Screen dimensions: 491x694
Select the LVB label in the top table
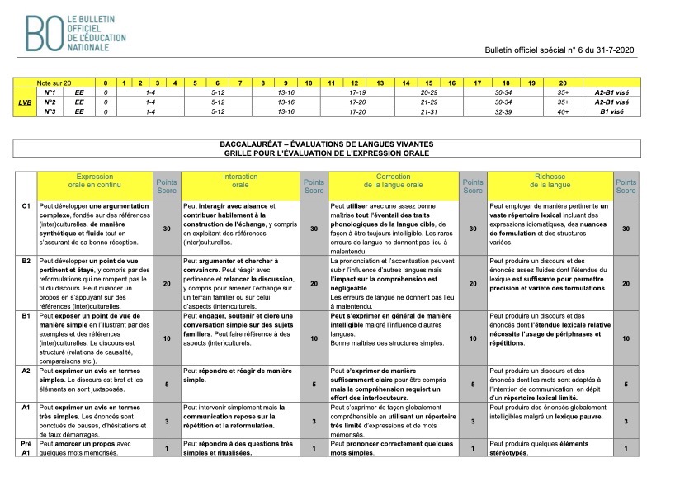tap(26, 102)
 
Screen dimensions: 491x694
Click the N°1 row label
tap(50, 93)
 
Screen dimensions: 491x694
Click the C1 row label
tap(26, 205)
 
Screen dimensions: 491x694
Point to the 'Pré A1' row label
tap(26, 448)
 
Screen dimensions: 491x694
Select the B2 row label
tap(26, 260)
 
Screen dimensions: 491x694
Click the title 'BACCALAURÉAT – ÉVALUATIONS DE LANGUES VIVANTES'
tap(326, 144)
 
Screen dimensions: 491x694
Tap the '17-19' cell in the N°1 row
tap(357, 93)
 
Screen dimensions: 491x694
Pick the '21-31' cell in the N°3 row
tap(428, 111)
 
